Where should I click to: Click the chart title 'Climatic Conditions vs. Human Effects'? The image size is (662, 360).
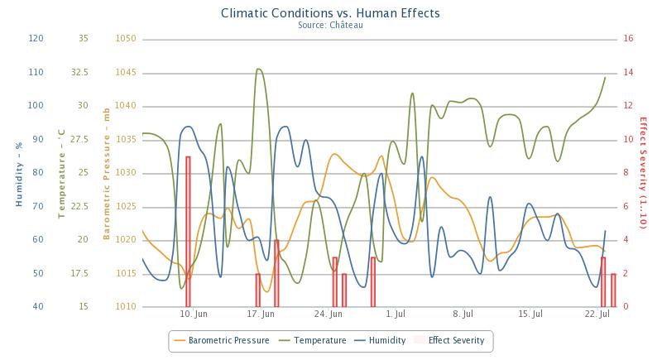(x=330, y=13)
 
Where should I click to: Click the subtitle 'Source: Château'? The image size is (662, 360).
(x=330, y=25)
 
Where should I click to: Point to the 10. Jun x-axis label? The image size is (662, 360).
(x=192, y=314)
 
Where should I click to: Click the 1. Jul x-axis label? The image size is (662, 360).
(x=396, y=314)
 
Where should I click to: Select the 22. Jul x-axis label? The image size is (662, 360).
(x=597, y=314)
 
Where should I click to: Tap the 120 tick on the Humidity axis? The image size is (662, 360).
(x=36, y=38)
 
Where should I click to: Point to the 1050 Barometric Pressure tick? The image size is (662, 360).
(x=126, y=38)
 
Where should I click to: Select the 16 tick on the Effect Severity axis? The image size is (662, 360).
(x=628, y=38)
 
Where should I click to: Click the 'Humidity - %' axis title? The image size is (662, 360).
(x=18, y=173)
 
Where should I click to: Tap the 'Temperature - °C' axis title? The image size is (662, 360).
(x=62, y=173)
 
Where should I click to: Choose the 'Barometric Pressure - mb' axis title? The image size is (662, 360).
(x=107, y=173)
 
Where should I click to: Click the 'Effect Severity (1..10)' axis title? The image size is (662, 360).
(x=644, y=173)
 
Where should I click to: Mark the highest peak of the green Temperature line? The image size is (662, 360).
(x=259, y=70)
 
